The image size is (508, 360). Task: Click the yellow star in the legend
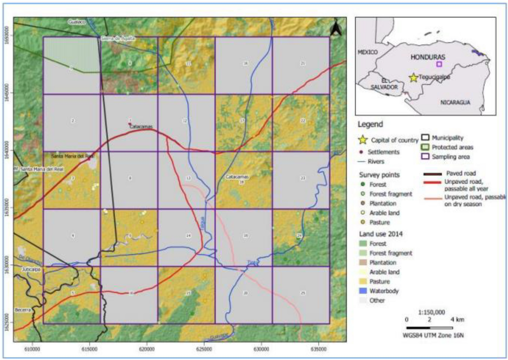click(x=363, y=140)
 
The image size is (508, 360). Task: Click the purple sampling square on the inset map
click(x=439, y=64)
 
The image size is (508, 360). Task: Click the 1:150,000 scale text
click(x=431, y=312)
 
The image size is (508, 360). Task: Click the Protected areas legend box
click(x=426, y=147)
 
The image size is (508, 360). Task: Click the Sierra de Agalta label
click(x=117, y=39)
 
